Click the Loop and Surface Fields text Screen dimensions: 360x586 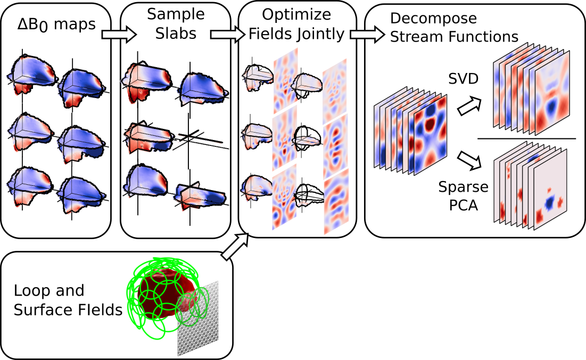coord(68,300)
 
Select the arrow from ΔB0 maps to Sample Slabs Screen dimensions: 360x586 coord(119,35)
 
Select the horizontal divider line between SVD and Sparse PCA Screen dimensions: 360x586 coord(526,138)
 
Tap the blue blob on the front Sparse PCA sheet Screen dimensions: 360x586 coord(549,201)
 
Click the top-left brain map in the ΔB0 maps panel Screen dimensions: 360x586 coord(32,75)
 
